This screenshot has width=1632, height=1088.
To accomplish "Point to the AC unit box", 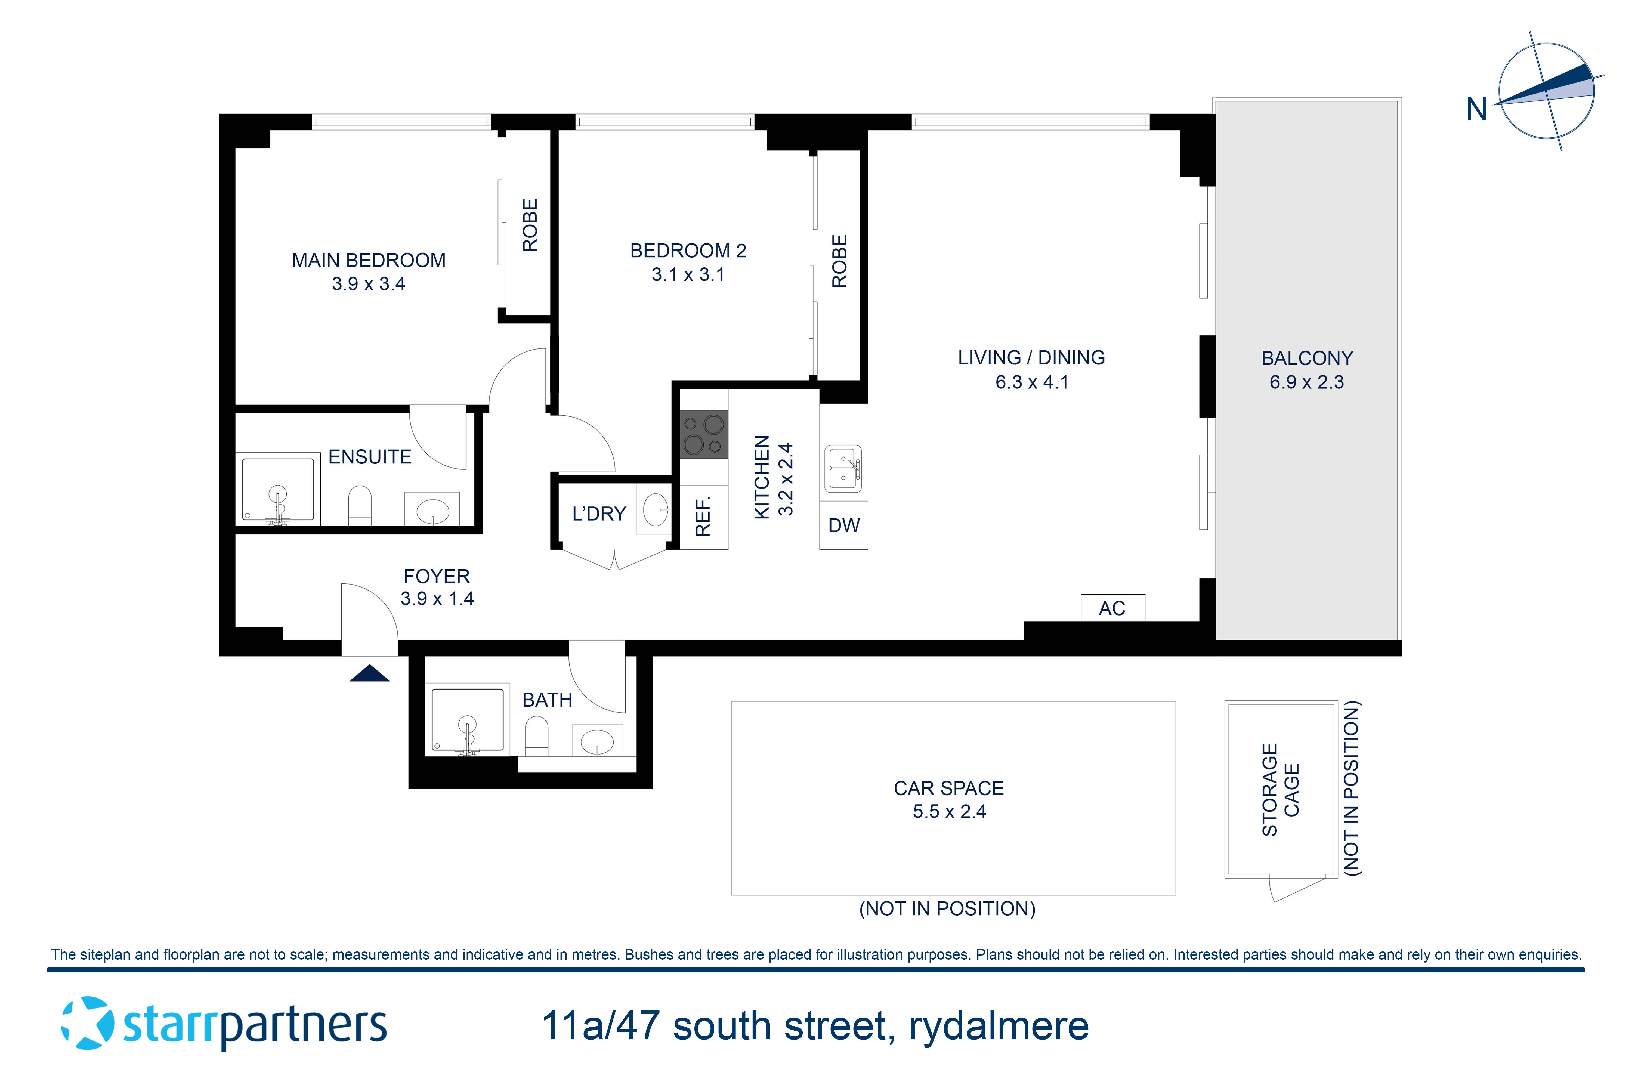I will point(1112,608).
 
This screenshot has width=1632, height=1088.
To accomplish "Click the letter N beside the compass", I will point(1477,110).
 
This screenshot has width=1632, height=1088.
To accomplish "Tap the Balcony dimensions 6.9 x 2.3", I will point(1307,382).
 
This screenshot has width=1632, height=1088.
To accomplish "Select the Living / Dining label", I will point(1031,357).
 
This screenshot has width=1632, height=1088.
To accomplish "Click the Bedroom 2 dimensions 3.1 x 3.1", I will point(688,275).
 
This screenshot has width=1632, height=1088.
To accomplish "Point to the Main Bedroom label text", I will point(369,260).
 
